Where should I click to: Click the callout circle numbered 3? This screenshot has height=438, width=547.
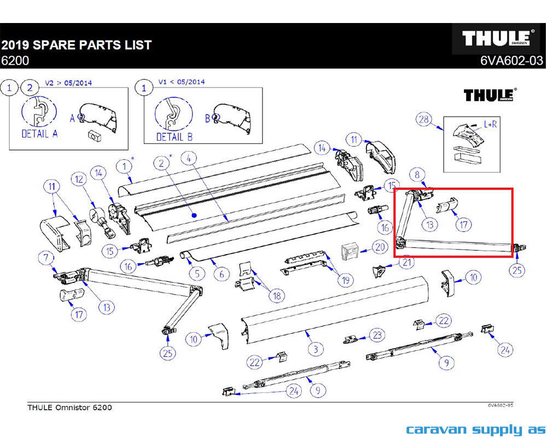pyautogui.click(x=316, y=349)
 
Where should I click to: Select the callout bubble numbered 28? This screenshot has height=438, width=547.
pyautogui.click(x=424, y=119)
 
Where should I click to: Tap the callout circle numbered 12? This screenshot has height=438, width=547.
pyautogui.click(x=79, y=179)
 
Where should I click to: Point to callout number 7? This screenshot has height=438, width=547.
pyautogui.click(x=46, y=258)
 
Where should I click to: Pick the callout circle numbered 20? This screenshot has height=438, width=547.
pyautogui.click(x=380, y=247)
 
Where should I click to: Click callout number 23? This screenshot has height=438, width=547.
pyautogui.click(x=377, y=335)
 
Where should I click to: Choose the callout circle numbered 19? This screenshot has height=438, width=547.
pyautogui.click(x=345, y=280)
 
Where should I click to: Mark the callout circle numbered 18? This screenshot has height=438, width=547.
pyautogui.click(x=277, y=296)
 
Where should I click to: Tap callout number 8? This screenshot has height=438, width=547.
pyautogui.click(x=417, y=174)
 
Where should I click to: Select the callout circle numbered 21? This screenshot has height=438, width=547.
pyautogui.click(x=407, y=262)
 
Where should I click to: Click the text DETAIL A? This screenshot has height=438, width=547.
pyautogui.click(x=39, y=134)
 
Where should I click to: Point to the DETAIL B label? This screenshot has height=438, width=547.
pyautogui.click(x=174, y=137)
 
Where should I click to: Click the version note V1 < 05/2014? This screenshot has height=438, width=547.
pyautogui.click(x=182, y=82)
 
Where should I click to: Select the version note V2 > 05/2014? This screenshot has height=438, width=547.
pyautogui.click(x=68, y=83)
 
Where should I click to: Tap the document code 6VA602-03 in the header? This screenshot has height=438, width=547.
pyautogui.click(x=511, y=61)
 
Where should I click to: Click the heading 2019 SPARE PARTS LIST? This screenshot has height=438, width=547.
pyautogui.click(x=77, y=45)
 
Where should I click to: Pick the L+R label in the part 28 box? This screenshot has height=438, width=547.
pyautogui.click(x=490, y=124)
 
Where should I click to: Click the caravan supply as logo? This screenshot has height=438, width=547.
pyautogui.click(x=476, y=430)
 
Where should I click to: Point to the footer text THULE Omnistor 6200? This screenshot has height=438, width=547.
pyautogui.click(x=70, y=407)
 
